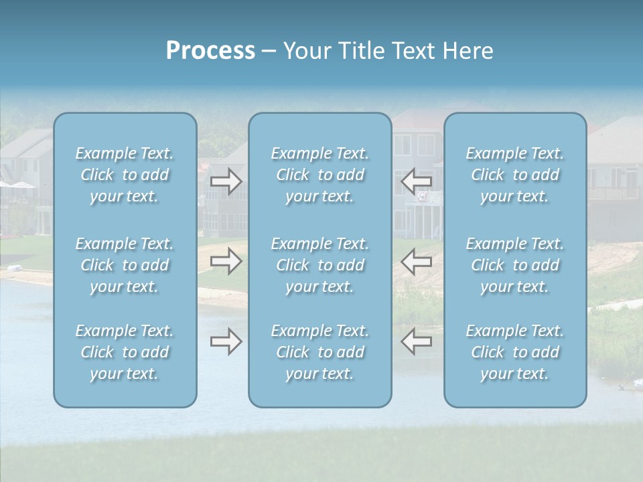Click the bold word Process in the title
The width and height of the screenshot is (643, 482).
point(210,51)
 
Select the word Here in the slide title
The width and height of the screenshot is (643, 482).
point(467,51)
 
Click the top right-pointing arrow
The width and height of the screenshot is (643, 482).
point(226,181)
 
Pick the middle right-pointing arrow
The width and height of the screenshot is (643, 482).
point(226,261)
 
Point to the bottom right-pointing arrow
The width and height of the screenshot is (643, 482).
point(226,341)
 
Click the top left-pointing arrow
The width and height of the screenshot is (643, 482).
point(417,181)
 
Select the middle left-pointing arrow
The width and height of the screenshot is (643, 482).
point(417,261)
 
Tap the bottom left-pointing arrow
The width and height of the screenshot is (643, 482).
point(417,341)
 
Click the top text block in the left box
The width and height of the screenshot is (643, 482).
point(125,175)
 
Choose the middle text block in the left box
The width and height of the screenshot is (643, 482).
point(125,265)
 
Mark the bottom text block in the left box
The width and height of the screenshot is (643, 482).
point(125,352)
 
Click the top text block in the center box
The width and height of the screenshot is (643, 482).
point(320,175)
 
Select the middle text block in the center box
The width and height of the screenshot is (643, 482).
point(320,265)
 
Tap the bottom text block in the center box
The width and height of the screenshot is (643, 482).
point(320,352)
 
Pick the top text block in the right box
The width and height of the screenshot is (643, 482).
point(515,175)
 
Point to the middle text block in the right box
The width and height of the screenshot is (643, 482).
point(515,265)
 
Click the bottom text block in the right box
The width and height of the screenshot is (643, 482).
point(515,352)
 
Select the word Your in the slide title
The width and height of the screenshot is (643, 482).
point(305,51)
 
